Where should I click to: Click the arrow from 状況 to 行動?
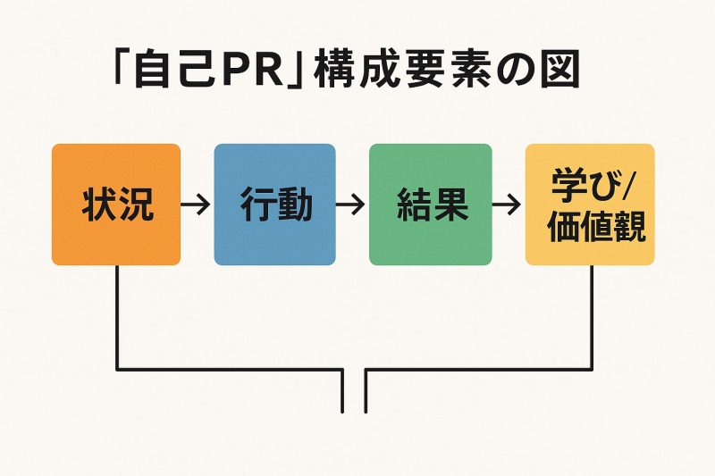[x=196, y=205]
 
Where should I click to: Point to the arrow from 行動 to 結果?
[x=350, y=205]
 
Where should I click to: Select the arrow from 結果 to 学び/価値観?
[x=507, y=205]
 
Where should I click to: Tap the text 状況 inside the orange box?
[x=117, y=205]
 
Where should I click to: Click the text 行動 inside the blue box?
[x=275, y=205]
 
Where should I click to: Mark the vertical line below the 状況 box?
[x=117, y=316]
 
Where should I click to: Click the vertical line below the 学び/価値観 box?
[x=592, y=316]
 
